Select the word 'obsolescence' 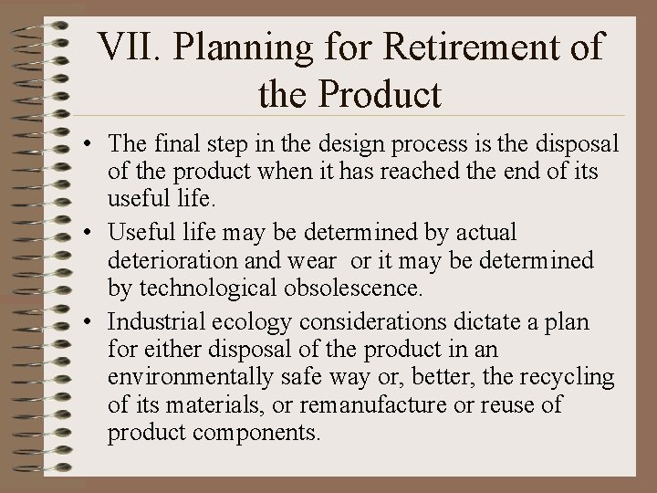[x=352, y=288]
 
